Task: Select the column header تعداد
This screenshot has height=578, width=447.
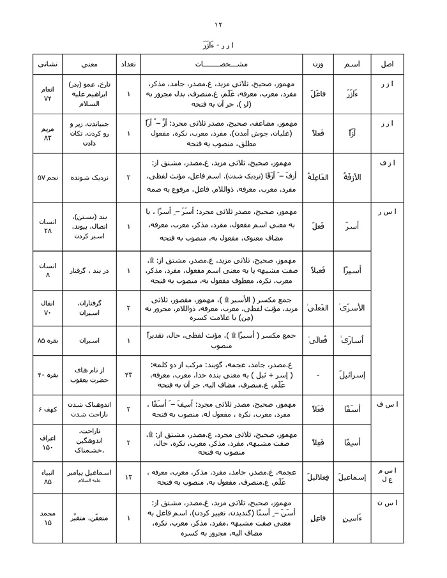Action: (128, 65)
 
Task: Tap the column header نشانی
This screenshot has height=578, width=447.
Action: (48, 65)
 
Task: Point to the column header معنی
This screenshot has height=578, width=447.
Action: (89, 65)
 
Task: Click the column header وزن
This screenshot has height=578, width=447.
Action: (317, 65)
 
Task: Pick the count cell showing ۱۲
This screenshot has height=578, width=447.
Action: (128, 477)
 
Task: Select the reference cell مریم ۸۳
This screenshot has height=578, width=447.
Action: (48, 133)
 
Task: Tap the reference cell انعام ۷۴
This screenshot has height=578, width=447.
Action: (48, 94)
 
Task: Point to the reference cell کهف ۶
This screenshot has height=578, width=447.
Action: (48, 407)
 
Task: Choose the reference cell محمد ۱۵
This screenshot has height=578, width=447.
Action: (48, 517)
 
